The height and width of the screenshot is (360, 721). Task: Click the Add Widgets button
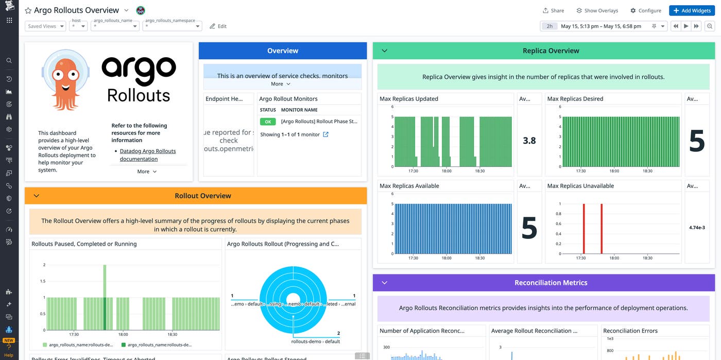coord(692,10)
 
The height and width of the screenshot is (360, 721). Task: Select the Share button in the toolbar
coord(553,10)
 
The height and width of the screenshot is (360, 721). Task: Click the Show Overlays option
coord(597,10)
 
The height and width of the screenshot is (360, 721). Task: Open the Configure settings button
coord(646,10)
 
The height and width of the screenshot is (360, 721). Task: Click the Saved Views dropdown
coord(45,26)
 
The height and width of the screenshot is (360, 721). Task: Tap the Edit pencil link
coord(218,26)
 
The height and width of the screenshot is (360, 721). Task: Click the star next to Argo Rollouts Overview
coord(28,10)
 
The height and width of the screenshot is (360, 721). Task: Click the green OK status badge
coord(267,122)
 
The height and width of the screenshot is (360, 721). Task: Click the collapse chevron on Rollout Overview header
coord(36,196)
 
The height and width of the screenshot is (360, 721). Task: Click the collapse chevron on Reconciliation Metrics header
coord(384,283)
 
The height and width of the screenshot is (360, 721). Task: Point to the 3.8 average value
coord(529,140)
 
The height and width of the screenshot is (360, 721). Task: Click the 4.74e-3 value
coord(697,227)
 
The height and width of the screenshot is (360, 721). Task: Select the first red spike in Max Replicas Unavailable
coord(584,229)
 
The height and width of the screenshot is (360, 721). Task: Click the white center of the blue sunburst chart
coord(293,299)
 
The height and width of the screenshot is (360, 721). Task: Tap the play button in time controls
coord(686,26)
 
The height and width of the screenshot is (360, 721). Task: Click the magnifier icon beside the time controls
coord(710,26)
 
